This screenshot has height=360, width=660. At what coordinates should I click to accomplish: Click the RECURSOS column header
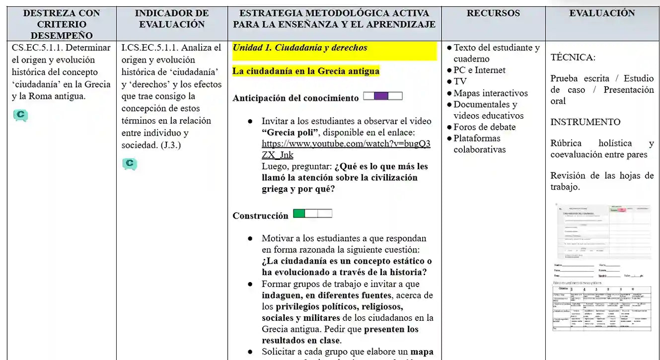493,13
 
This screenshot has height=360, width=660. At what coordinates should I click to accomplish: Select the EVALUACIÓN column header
602,13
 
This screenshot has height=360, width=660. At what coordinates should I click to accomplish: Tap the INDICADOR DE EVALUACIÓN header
172,19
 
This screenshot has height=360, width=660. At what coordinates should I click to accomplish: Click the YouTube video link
346,149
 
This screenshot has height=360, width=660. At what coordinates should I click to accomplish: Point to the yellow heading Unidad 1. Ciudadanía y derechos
300,48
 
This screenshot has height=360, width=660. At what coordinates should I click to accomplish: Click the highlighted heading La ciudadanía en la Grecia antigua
305,71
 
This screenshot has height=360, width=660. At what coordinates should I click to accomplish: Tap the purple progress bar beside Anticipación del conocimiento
382,96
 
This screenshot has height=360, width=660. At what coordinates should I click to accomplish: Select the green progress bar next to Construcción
312,214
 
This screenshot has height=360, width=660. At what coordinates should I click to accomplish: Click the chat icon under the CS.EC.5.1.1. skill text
20,116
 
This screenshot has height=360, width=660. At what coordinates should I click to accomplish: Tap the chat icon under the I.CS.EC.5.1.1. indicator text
130,164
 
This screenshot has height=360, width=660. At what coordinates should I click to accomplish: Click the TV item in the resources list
460,81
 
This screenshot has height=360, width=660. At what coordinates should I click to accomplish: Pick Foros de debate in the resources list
484,127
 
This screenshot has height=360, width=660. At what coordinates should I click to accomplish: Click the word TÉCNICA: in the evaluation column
573,57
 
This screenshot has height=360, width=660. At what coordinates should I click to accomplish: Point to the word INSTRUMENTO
585,122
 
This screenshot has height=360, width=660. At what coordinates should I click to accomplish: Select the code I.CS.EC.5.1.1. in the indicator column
149,48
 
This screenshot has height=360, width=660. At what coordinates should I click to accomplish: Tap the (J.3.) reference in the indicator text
171,145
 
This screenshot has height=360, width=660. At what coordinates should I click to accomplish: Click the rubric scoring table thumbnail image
602,308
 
